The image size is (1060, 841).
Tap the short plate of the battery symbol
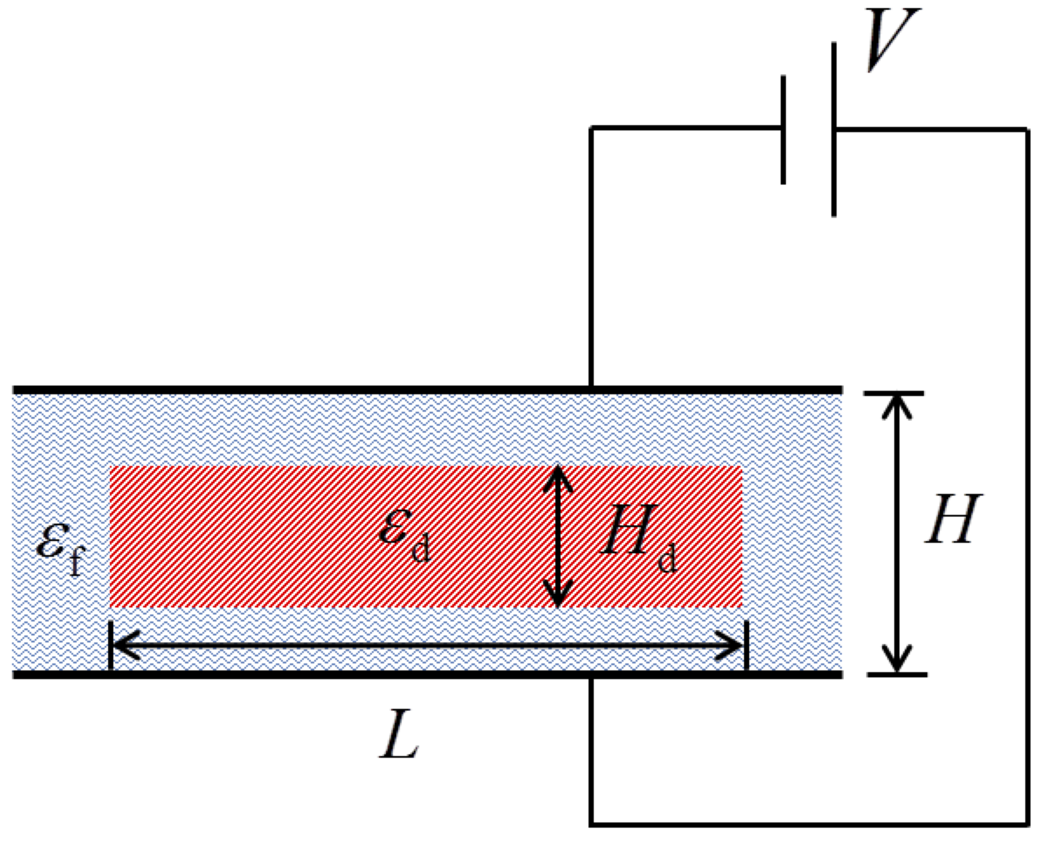[783, 130]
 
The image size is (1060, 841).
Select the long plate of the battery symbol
[834, 130]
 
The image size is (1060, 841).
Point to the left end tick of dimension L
[110, 645]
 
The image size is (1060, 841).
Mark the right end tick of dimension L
[746, 645]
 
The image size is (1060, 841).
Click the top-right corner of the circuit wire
[1028, 130]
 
